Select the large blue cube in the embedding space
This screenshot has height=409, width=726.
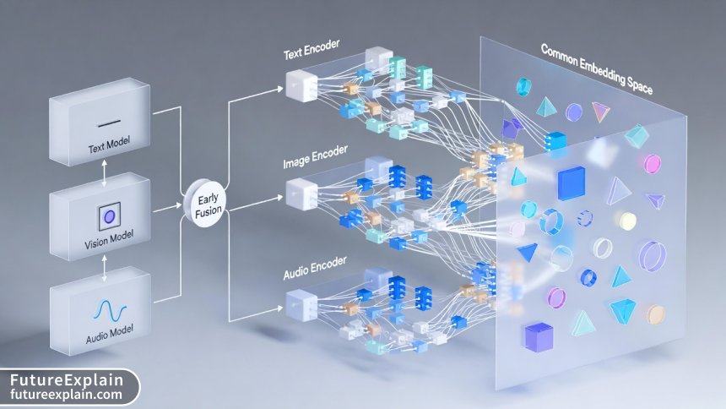click(571, 183)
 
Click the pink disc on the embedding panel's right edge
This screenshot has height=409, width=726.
click(652, 163)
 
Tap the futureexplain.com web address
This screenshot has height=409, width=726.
click(66, 395)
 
